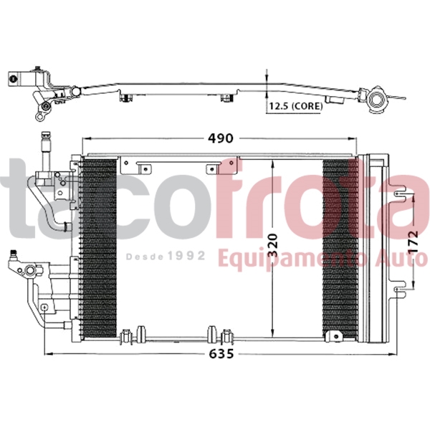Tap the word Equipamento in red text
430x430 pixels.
[x=294, y=257]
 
